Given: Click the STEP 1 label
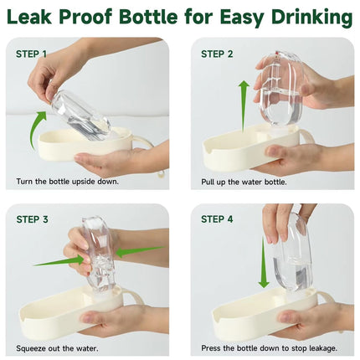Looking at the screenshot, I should pyautogui.click(x=31, y=54).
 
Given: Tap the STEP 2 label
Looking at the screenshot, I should pyautogui.click(x=216, y=54).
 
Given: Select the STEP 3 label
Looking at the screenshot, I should pyautogui.click(x=32, y=220).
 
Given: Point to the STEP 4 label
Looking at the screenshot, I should pyautogui.click(x=216, y=220).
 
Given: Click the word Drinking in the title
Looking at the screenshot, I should pyautogui.click(x=306, y=17).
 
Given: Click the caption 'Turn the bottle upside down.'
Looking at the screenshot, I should pyautogui.click(x=67, y=181).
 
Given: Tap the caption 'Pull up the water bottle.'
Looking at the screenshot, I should pyautogui.click(x=245, y=181).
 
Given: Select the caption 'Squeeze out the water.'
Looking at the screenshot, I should pyautogui.click(x=57, y=347).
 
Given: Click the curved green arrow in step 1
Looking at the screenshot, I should pyautogui.click(x=37, y=130).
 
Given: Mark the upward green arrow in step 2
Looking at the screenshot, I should pyautogui.click(x=244, y=105).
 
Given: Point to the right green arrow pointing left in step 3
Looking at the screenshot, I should pyautogui.click(x=131, y=250).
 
